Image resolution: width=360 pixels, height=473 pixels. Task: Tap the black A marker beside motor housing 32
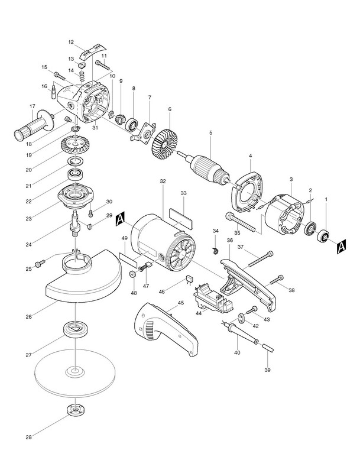(x=121, y=219)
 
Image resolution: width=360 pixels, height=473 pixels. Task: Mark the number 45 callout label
(x=181, y=303)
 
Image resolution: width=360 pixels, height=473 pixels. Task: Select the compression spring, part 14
(x=80, y=76)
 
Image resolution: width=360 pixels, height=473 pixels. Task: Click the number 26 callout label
(x=28, y=316)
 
